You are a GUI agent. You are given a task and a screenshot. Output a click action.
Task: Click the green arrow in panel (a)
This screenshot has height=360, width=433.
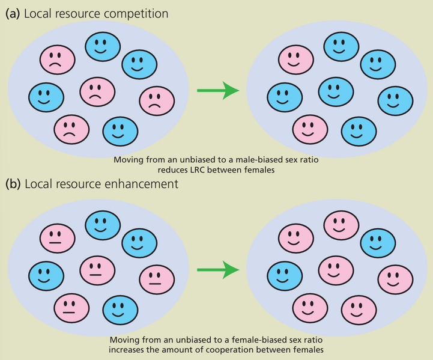[218, 91]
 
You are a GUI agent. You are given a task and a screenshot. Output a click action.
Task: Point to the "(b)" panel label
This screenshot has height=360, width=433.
[13, 184]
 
